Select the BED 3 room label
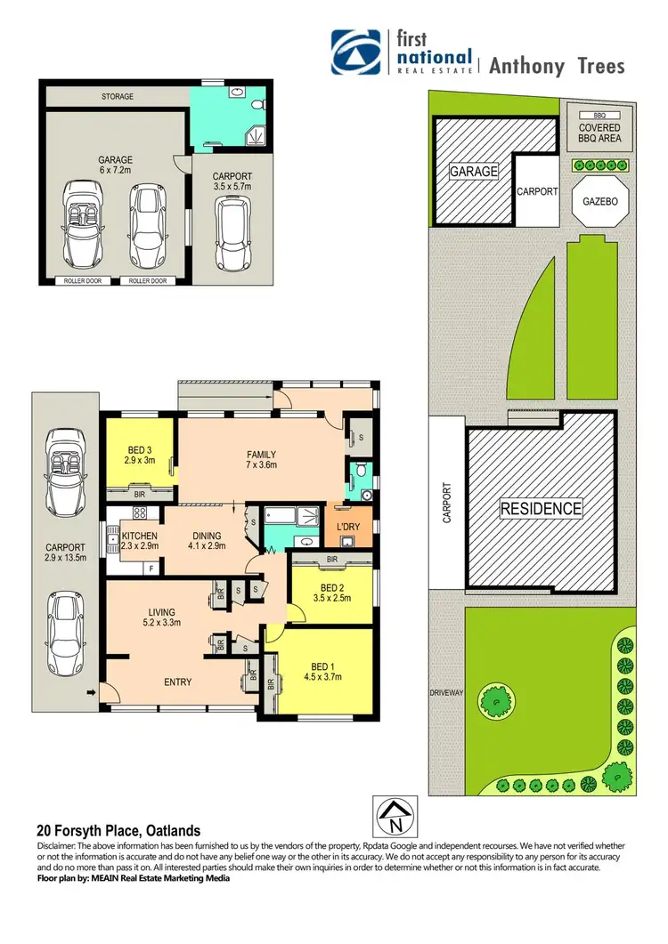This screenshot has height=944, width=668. pyautogui.click(x=140, y=455)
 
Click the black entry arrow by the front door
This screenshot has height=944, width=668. pyautogui.click(x=91, y=690)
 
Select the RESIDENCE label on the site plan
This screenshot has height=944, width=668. pyautogui.click(x=541, y=509)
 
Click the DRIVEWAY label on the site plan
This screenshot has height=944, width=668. pyautogui.click(x=446, y=690)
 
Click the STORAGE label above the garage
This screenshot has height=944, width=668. pyautogui.click(x=117, y=96)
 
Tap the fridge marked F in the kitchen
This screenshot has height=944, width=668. pyautogui.click(x=151, y=567)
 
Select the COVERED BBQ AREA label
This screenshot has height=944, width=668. pyautogui.click(x=599, y=132)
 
